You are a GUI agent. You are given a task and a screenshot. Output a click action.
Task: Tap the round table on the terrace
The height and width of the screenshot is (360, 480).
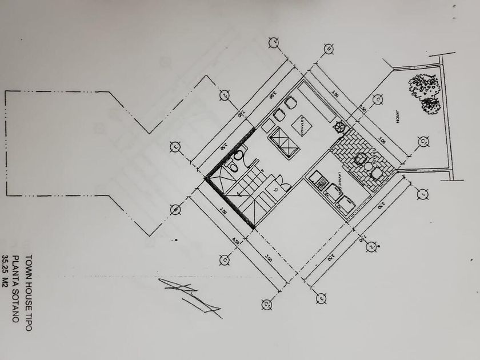coord(360,159)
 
